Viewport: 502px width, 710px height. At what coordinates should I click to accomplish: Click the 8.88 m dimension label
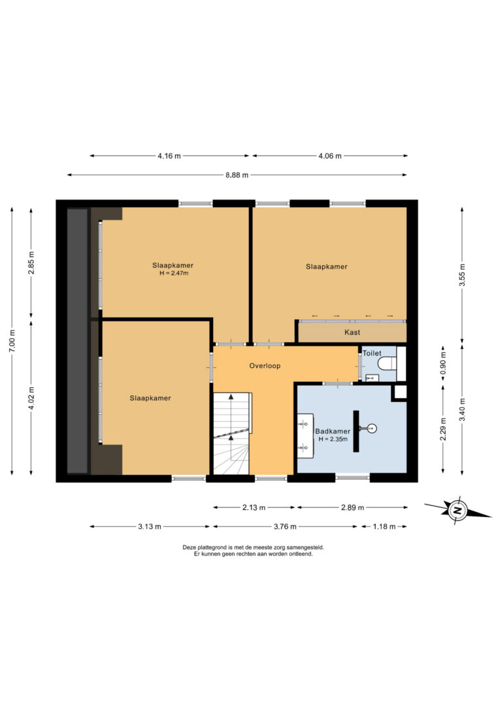pyautogui.click(x=237, y=175)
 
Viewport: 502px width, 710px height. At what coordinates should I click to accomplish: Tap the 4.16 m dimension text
pyautogui.click(x=169, y=156)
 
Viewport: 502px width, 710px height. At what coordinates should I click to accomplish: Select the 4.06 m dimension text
pyautogui.click(x=329, y=156)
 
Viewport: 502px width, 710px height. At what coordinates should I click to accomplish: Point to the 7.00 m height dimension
pyautogui.click(x=12, y=341)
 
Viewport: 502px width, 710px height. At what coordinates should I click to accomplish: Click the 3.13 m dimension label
pyautogui.click(x=150, y=526)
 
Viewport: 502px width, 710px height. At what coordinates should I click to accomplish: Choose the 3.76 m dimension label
pyautogui.click(x=285, y=526)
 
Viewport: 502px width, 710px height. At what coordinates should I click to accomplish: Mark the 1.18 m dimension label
pyautogui.click(x=384, y=526)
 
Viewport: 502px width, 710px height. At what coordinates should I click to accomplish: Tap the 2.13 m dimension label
pyautogui.click(x=254, y=507)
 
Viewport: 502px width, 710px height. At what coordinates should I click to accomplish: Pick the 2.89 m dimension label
pyautogui.click(x=352, y=507)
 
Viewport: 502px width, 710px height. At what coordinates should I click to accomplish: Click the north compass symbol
pyautogui.click(x=458, y=511)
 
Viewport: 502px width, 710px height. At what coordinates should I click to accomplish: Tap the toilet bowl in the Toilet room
pyautogui.click(x=388, y=363)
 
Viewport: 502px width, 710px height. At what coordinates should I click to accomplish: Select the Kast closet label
pyautogui.click(x=352, y=332)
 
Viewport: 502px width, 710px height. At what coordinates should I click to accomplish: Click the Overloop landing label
pyautogui.click(x=265, y=366)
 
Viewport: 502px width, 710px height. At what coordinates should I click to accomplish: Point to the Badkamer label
pyautogui.click(x=333, y=431)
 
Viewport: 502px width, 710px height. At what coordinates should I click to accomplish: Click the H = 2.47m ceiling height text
pyautogui.click(x=174, y=273)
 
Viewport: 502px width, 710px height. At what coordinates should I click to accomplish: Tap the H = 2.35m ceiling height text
pyautogui.click(x=333, y=439)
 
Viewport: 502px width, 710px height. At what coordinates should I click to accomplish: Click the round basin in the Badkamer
pyautogui.click(x=372, y=428)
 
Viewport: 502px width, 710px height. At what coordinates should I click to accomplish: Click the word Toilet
pyautogui.click(x=372, y=353)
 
